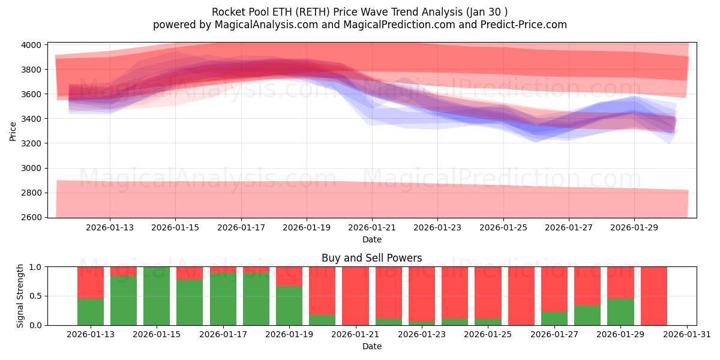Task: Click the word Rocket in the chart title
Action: [x=227, y=12]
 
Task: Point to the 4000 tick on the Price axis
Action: [x=32, y=45]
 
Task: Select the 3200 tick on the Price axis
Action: [x=32, y=143]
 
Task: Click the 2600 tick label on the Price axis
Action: [x=32, y=217]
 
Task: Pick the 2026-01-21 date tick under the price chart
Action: [x=372, y=227]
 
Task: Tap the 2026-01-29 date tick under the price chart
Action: [x=635, y=227]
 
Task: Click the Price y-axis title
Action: [x=13, y=130]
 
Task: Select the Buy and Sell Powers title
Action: [x=371, y=258]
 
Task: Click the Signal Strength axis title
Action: [x=20, y=296]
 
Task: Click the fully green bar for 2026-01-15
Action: [x=157, y=296]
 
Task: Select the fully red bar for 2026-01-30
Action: [x=653, y=296]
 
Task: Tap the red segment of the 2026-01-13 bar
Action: [x=91, y=282]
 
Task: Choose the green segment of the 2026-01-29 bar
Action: [x=620, y=312]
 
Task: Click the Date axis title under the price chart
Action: [x=371, y=239]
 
